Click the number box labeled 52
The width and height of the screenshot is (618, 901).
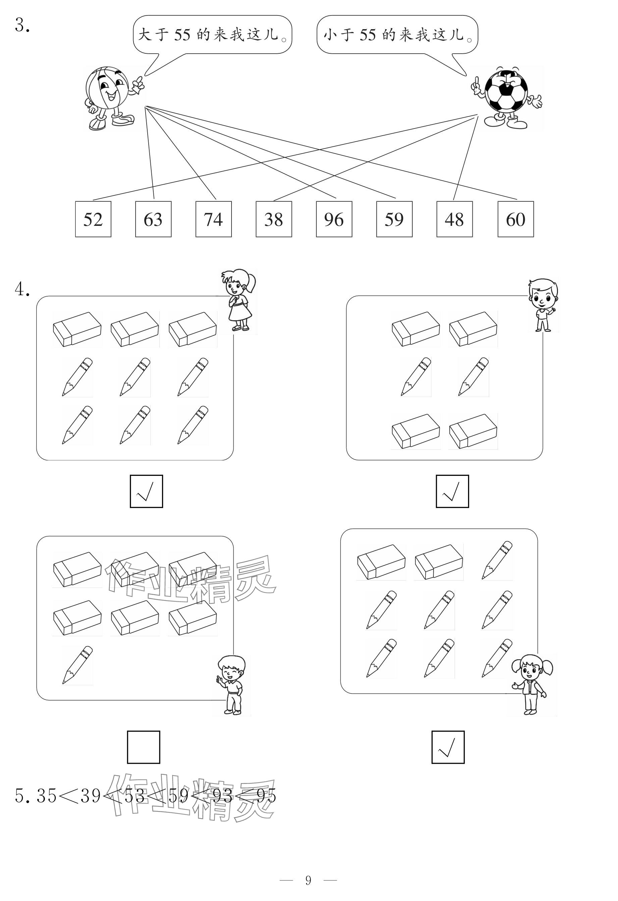(x=93, y=219)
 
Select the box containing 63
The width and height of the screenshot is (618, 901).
(x=153, y=219)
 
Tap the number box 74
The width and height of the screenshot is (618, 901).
(x=213, y=219)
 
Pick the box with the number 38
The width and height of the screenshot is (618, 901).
(x=274, y=219)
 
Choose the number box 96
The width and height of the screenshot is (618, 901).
(x=334, y=219)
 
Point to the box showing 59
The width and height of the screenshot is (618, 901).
(x=394, y=219)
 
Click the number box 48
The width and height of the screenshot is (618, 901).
(x=454, y=219)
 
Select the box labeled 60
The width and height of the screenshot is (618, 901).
(x=515, y=219)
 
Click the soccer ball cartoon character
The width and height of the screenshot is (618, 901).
(x=506, y=97)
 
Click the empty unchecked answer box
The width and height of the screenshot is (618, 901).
(x=144, y=747)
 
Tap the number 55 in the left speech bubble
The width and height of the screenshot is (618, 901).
(x=182, y=35)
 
